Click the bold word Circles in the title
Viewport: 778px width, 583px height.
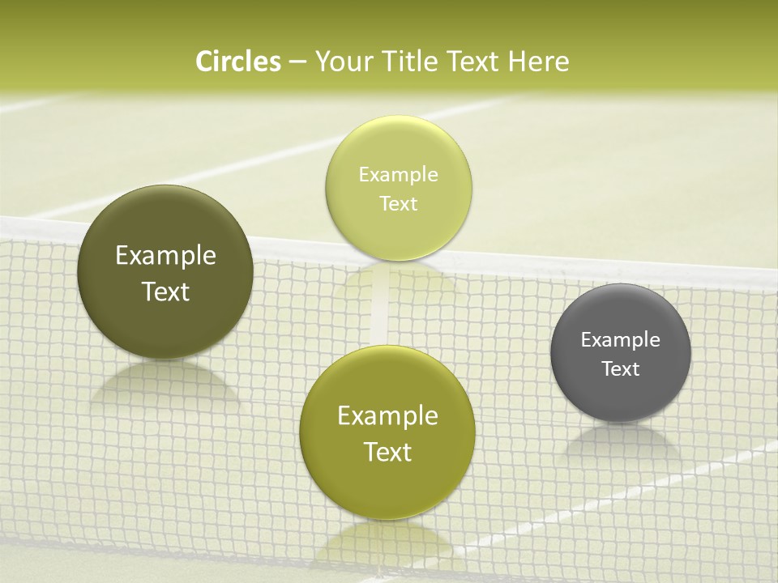(x=238, y=62)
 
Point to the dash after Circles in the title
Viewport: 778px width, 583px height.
(x=297, y=62)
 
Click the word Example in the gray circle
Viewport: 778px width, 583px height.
(x=621, y=340)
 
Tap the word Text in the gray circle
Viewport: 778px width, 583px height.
(x=621, y=369)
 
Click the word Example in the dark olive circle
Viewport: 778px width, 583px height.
(x=165, y=256)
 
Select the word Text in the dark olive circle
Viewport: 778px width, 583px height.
(x=165, y=291)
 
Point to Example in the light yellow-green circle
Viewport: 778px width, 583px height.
(x=399, y=175)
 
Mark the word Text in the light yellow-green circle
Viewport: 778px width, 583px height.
(x=399, y=203)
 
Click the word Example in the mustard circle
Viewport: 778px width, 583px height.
(x=387, y=416)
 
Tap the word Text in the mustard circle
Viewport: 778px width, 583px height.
(x=387, y=452)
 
